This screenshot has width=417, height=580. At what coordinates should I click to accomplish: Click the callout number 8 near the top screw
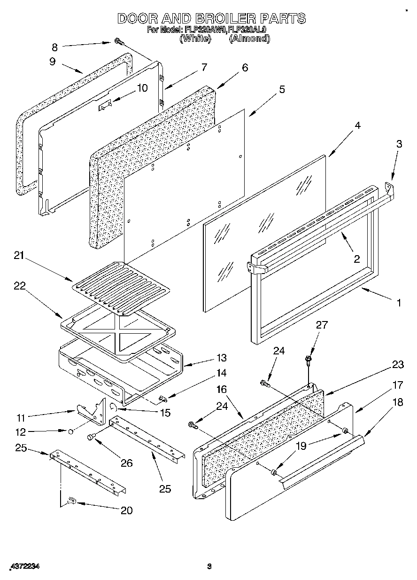(54, 47)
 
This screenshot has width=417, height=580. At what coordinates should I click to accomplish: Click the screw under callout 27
(308, 347)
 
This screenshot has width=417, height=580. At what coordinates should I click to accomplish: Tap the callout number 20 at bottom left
(126, 510)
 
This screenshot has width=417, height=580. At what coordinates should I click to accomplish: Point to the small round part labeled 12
(70, 430)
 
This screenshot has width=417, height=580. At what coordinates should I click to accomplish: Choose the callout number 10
(142, 88)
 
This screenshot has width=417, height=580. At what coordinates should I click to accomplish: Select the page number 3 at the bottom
(210, 566)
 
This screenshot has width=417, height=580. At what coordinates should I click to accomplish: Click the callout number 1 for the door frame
(399, 303)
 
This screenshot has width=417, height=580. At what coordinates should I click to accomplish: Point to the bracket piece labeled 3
(389, 189)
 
